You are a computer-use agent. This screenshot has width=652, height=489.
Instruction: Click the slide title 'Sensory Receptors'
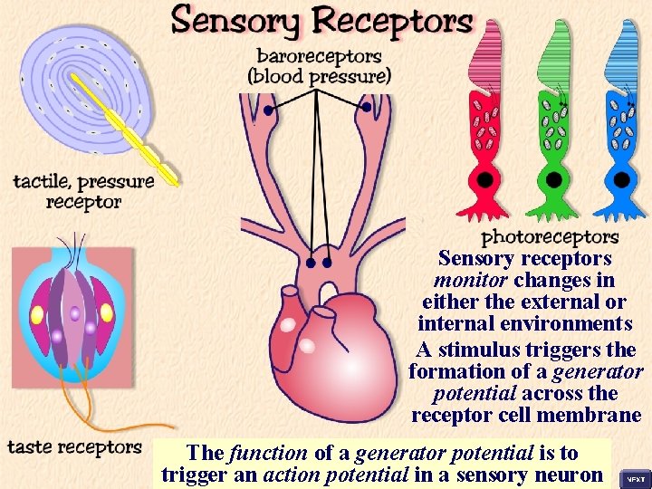click(x=321, y=21)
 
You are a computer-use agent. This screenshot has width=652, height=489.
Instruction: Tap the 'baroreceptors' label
click(x=320, y=56)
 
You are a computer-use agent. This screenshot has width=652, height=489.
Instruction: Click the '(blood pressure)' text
click(x=320, y=76)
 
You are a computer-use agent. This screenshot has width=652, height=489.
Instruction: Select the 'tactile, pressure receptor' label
click(x=83, y=191)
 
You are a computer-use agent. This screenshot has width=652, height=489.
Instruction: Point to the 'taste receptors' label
click(x=74, y=447)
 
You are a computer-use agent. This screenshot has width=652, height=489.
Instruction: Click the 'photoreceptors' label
click(x=550, y=237)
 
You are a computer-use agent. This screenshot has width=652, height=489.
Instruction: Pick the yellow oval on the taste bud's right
click(x=107, y=313)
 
